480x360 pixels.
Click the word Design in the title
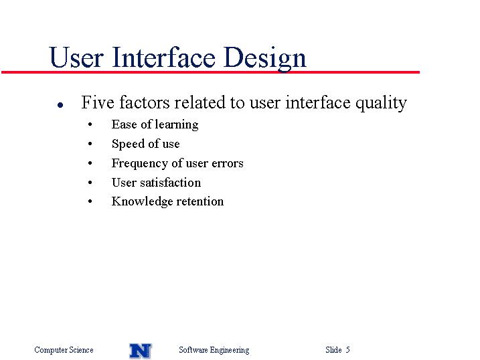(265, 59)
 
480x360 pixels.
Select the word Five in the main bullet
(97, 102)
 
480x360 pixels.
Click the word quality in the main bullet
(381, 103)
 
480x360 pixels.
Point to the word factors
(144, 102)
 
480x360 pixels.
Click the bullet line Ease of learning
(155, 124)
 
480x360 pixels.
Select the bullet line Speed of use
(146, 144)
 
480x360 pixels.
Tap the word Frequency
(139, 164)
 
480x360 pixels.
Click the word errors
(228, 163)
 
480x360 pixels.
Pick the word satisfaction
(171, 183)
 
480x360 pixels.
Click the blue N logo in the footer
(141, 351)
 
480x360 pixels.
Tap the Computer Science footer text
(64, 350)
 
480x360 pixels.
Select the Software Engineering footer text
(214, 350)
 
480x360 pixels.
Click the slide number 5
(347, 349)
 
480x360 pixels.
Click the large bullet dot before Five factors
(60, 105)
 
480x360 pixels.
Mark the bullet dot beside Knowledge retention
(90, 201)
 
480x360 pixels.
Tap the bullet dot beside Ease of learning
(90, 124)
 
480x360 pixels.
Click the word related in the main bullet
(199, 102)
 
